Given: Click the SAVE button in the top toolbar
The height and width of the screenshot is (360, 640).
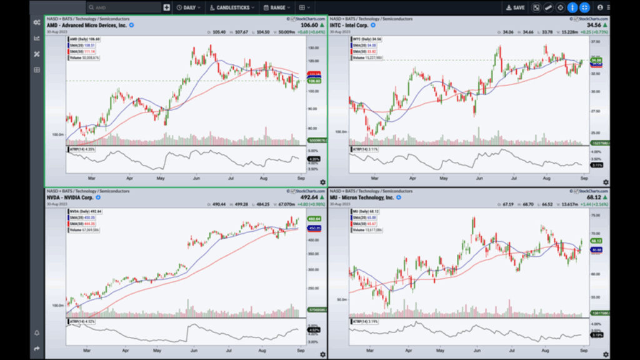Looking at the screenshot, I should pos(516,7).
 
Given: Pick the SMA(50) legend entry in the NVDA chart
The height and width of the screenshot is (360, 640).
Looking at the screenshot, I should pos(79,223).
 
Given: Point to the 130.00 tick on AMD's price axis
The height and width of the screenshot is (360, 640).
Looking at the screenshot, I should pos(313,47).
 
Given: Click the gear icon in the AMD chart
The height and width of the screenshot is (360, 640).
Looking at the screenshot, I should pos(322,182).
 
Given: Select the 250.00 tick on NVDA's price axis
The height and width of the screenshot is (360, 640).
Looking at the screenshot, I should pos(313,288).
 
